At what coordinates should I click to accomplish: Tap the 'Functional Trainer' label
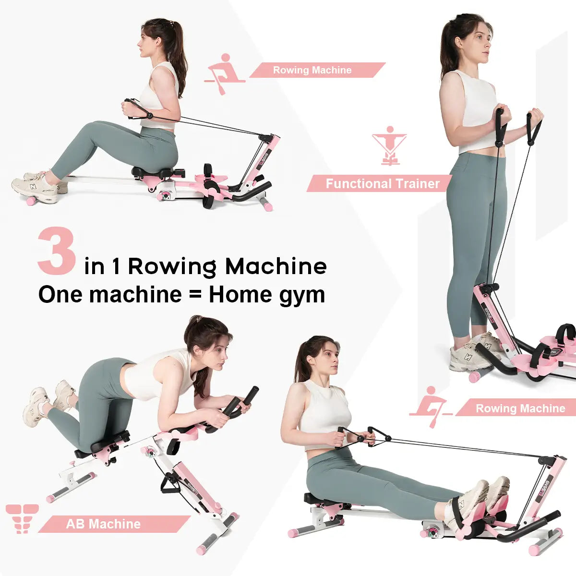pyautogui.click(x=382, y=183)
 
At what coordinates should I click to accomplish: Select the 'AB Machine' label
pyautogui.click(x=103, y=524)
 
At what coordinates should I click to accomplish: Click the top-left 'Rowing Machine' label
pyautogui.click(x=312, y=70)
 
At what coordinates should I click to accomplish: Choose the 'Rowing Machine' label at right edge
pyautogui.click(x=520, y=408)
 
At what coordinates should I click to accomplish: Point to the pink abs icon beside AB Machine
pyautogui.click(x=22, y=518)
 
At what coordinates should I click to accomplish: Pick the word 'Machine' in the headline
pyautogui.click(x=276, y=267)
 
